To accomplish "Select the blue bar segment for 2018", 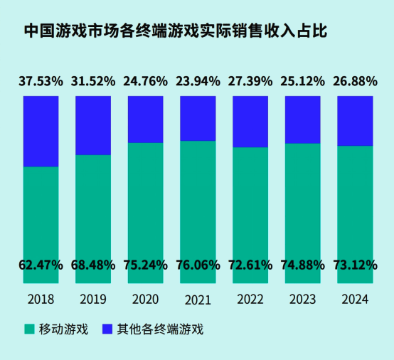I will tap(41, 131).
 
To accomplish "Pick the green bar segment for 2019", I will tap(93, 206).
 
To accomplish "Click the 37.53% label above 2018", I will tap(41, 81).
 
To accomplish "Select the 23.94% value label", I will tap(198, 81).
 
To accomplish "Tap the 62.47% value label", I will tap(41, 265).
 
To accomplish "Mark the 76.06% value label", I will tap(198, 265).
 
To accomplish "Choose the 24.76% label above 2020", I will tap(146, 81).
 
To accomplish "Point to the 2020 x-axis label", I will tap(146, 300).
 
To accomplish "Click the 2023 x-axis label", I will tap(302, 300).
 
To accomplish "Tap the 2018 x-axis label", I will tap(41, 300).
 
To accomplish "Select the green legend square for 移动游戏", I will tap(29, 329).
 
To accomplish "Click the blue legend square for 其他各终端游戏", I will tap(107, 329).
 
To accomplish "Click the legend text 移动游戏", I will tap(63, 329).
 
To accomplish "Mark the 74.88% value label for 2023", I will tap(302, 265).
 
